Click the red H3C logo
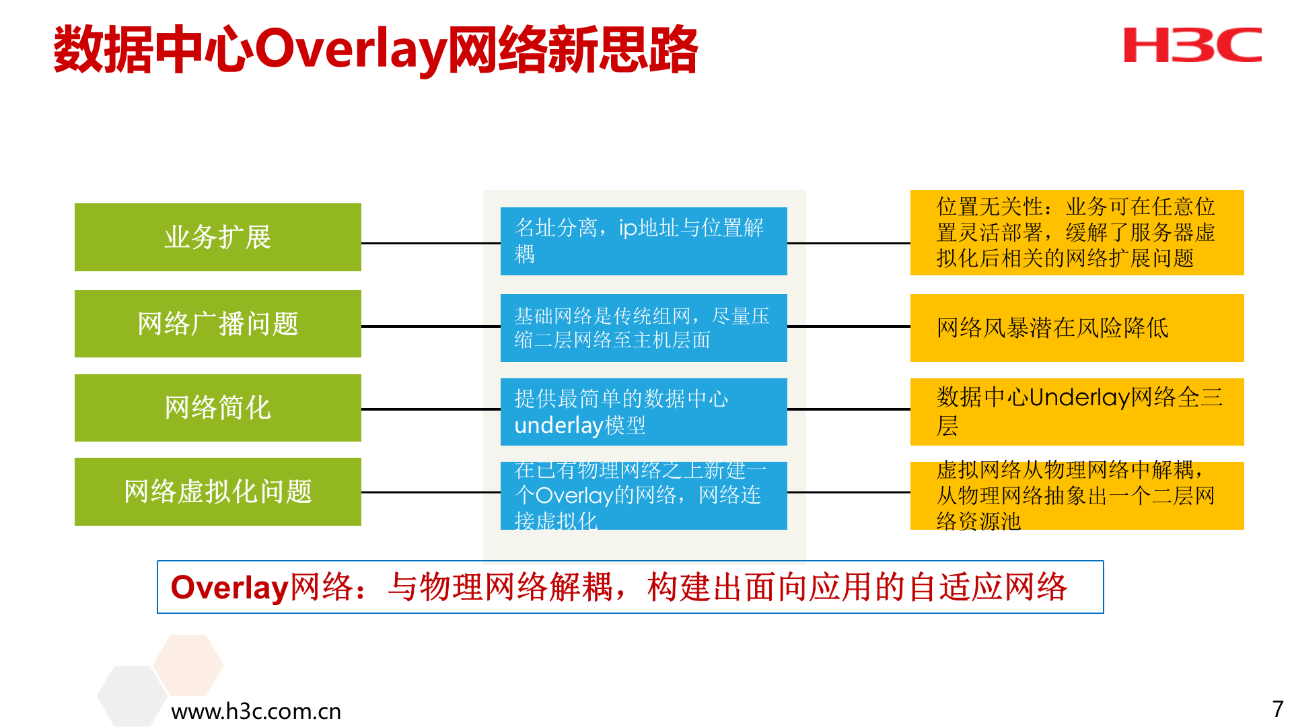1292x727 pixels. pos(1192,45)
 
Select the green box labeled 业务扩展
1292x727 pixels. pos(217,237)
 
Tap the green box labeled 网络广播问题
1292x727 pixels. pos(217,324)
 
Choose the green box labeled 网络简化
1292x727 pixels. pos(217,407)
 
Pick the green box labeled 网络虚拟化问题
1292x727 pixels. pos(217,491)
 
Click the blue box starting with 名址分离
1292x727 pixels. pos(643,241)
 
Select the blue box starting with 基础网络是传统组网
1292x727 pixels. pos(643,328)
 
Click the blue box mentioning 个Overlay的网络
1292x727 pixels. pos(643,495)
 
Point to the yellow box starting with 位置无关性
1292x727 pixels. pos(1077,232)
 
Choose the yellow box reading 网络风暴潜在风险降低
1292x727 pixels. pos(1077,328)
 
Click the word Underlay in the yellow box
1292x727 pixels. pos(1079,397)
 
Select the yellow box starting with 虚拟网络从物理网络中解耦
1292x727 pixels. pos(1077,495)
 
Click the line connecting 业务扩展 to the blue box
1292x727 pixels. pos(431,243)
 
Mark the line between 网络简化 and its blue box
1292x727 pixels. pos(431,409)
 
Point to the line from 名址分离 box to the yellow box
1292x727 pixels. pos(849,243)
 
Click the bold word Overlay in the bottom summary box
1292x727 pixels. pos(229,587)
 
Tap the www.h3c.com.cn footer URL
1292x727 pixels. pos(256,711)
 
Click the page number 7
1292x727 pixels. pos(1277,709)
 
